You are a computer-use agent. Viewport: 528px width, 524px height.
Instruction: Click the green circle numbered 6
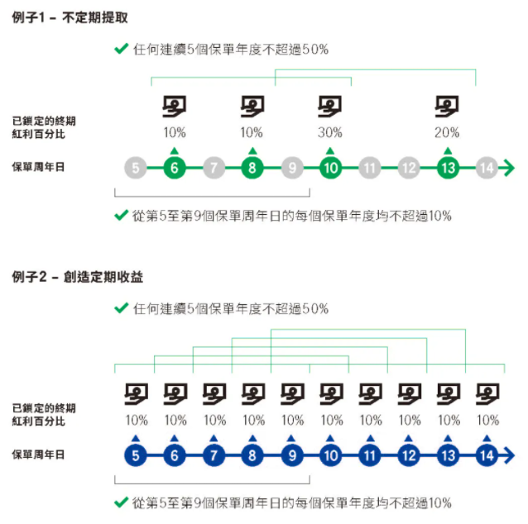pyautogui.click(x=175, y=168)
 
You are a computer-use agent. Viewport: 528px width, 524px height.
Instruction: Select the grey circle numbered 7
pyautogui.click(x=214, y=168)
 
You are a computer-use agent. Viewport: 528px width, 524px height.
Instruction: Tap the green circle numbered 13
pyautogui.click(x=448, y=168)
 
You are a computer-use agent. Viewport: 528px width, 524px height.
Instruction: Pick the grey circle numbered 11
pyautogui.click(x=370, y=168)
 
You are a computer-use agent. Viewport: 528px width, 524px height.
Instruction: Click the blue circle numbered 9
pyautogui.click(x=292, y=455)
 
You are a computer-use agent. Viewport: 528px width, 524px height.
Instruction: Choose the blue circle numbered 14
pyautogui.click(x=487, y=455)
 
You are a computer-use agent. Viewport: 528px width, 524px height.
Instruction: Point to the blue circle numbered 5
pyautogui.click(x=136, y=455)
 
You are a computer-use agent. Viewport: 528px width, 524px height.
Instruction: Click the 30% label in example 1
pyautogui.click(x=330, y=132)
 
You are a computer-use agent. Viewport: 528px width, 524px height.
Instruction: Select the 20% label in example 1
pyautogui.click(x=447, y=132)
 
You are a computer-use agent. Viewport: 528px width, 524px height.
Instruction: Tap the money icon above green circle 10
pyautogui.click(x=330, y=107)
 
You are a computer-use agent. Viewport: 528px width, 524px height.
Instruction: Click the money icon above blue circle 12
pyautogui.click(x=410, y=394)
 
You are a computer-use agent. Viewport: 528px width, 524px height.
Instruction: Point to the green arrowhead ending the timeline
pyautogui.click(x=508, y=168)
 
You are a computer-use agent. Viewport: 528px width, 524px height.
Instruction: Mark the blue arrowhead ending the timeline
pyautogui.click(x=508, y=455)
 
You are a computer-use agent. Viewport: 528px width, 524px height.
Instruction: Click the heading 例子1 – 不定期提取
pyautogui.click(x=70, y=17)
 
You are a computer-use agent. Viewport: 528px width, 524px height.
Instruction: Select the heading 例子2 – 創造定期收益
pyautogui.click(x=78, y=277)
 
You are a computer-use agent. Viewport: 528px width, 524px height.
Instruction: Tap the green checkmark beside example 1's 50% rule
pyautogui.click(x=121, y=49)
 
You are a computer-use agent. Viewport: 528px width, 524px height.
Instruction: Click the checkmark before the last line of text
pyautogui.click(x=121, y=503)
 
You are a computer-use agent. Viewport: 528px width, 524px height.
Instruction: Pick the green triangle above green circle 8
pyautogui.click(x=252, y=150)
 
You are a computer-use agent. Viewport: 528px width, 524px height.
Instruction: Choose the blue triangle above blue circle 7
pyautogui.click(x=214, y=438)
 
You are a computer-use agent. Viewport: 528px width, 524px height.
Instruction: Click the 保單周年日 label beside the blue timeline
pyautogui.click(x=38, y=455)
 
